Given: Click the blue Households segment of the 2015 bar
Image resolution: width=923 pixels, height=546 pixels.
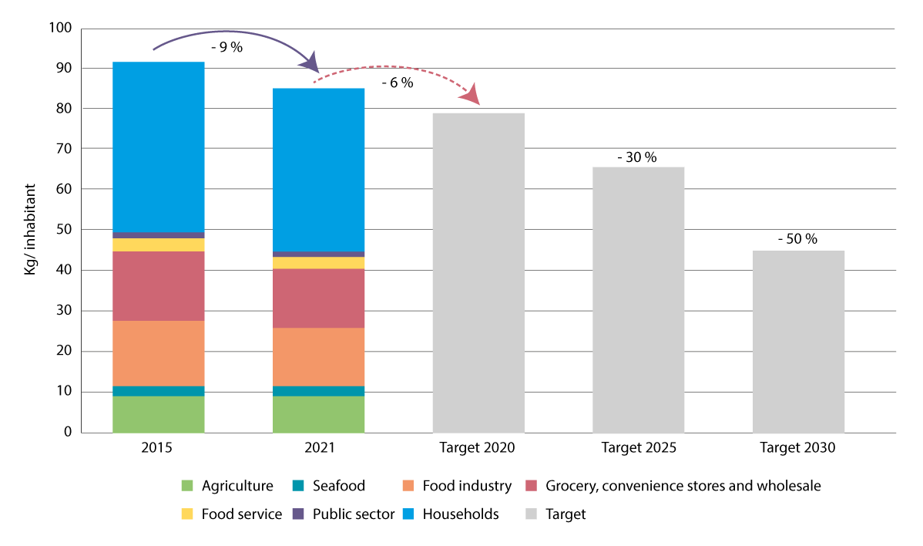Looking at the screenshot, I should click(x=158, y=147).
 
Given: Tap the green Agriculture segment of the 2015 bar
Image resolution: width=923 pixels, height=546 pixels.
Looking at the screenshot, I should click(x=158, y=414).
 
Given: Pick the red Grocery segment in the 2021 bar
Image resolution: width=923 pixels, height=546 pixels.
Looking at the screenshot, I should click(x=318, y=298).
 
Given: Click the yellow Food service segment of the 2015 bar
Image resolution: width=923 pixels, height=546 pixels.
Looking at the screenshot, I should click(x=158, y=244).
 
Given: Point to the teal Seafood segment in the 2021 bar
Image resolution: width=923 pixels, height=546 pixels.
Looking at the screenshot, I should click(x=318, y=391).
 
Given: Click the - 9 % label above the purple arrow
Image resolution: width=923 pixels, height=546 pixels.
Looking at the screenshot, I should click(x=227, y=48).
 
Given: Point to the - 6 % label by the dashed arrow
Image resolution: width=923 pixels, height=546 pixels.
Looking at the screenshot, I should click(x=398, y=83).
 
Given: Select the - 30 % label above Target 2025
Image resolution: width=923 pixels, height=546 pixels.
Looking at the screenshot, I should click(x=637, y=157).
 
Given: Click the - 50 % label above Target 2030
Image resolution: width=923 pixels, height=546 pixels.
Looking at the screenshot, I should click(x=797, y=239).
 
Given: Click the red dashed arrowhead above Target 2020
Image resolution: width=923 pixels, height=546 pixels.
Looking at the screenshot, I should click(x=471, y=96).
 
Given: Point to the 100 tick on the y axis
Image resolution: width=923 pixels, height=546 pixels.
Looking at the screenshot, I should click(x=60, y=29).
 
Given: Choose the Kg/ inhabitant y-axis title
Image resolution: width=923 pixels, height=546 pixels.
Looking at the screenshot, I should click(x=30, y=230).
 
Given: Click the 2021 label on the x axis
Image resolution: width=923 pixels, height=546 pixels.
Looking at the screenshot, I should click(x=318, y=447).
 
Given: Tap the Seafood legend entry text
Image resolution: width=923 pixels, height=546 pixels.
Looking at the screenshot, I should click(x=339, y=486).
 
